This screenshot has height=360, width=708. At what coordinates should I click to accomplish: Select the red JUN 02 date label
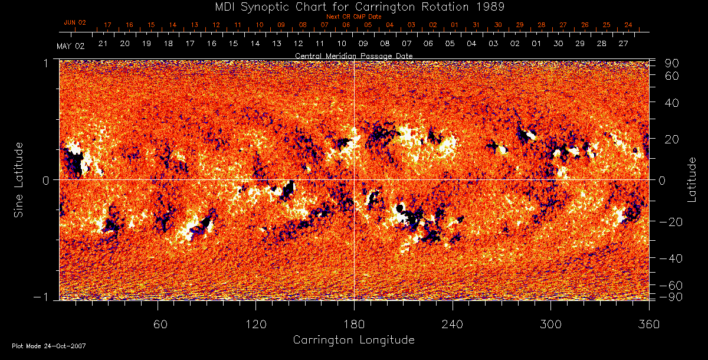tap(75, 22)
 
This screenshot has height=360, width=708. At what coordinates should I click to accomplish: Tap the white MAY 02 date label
tap(71, 47)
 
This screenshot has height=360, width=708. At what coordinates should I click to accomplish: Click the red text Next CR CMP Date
tap(354, 17)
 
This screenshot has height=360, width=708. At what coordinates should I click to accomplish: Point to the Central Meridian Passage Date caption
tap(354, 55)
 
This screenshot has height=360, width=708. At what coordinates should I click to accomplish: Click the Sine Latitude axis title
tap(19, 179)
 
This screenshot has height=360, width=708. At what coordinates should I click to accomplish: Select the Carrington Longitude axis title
tap(353, 340)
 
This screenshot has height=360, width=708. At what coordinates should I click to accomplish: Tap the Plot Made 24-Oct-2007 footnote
tap(49, 346)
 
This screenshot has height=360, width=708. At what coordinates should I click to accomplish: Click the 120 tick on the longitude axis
tap(256, 324)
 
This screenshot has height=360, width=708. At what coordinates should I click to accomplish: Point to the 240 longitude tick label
tap(453, 324)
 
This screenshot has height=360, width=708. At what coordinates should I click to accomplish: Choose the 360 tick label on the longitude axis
tap(649, 324)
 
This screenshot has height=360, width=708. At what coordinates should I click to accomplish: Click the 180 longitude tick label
tap(354, 324)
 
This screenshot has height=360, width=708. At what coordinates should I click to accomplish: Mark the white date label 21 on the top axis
tap(103, 44)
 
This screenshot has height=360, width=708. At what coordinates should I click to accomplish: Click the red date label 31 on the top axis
tap(476, 25)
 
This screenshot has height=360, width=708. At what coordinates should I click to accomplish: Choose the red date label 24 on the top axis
tap(628, 25)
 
